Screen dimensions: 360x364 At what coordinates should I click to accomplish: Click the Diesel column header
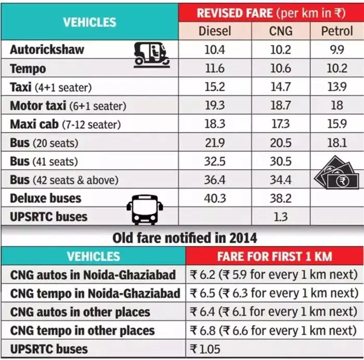click(x=215, y=31)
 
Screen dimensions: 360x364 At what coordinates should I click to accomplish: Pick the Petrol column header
click(x=336, y=31)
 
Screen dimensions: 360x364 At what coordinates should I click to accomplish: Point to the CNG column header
click(x=280, y=31)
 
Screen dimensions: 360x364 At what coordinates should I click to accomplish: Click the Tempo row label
click(x=28, y=69)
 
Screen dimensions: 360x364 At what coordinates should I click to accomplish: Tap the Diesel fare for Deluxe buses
click(x=215, y=198)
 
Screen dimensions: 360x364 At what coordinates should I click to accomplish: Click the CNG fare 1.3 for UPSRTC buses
click(x=280, y=216)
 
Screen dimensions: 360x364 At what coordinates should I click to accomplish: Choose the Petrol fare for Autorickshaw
click(x=336, y=50)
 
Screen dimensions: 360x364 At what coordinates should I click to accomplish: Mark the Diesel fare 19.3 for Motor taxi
click(x=215, y=105)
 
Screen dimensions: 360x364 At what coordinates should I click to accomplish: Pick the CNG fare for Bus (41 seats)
click(x=280, y=161)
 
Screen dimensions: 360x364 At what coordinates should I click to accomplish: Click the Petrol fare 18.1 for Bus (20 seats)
click(x=336, y=142)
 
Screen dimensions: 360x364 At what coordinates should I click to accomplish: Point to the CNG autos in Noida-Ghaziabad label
click(x=93, y=274)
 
